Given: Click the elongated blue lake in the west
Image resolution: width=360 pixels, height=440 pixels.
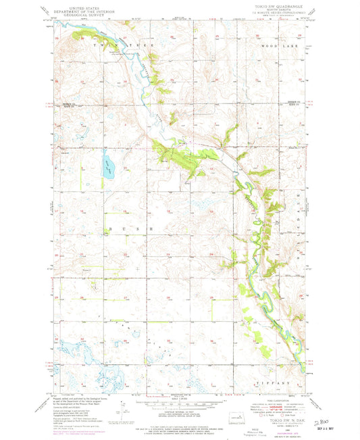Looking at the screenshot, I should (107, 166).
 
